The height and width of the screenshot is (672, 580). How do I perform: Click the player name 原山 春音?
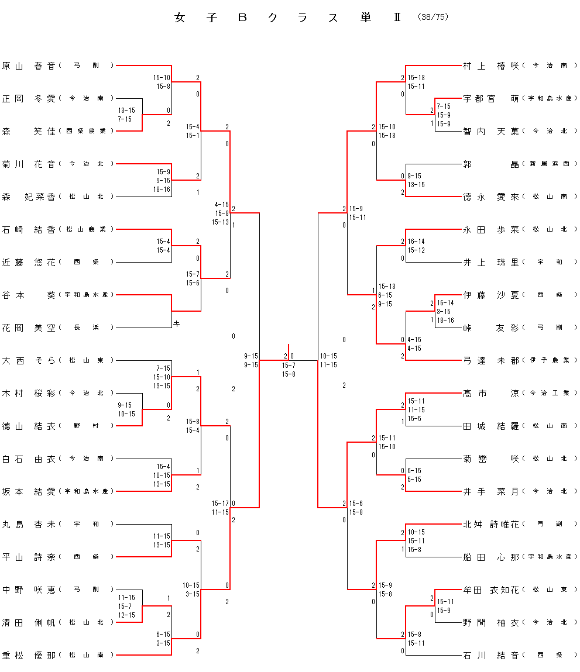pyautogui.click(x=28, y=66)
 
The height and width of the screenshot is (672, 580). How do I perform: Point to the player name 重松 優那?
pyautogui.click(x=28, y=655)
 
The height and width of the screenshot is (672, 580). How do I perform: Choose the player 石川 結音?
pyautogui.click(x=490, y=655)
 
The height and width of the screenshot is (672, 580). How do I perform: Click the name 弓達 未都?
pyautogui.click(x=490, y=360)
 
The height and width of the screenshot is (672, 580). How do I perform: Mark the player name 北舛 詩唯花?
pyautogui.click(x=490, y=524)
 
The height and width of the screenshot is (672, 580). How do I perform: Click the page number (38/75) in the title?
pyautogui.click(x=433, y=17)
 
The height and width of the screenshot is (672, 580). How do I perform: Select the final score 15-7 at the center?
pyautogui.click(x=289, y=365)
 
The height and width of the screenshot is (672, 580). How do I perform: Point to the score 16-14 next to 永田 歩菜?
pyautogui.click(x=416, y=242)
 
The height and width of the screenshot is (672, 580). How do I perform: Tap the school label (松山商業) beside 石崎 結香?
pyautogui.click(x=87, y=229)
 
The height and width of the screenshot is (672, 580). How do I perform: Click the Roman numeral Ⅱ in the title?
pyautogui.click(x=396, y=18)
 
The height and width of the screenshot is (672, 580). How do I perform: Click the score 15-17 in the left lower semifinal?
pyautogui.click(x=221, y=504)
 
